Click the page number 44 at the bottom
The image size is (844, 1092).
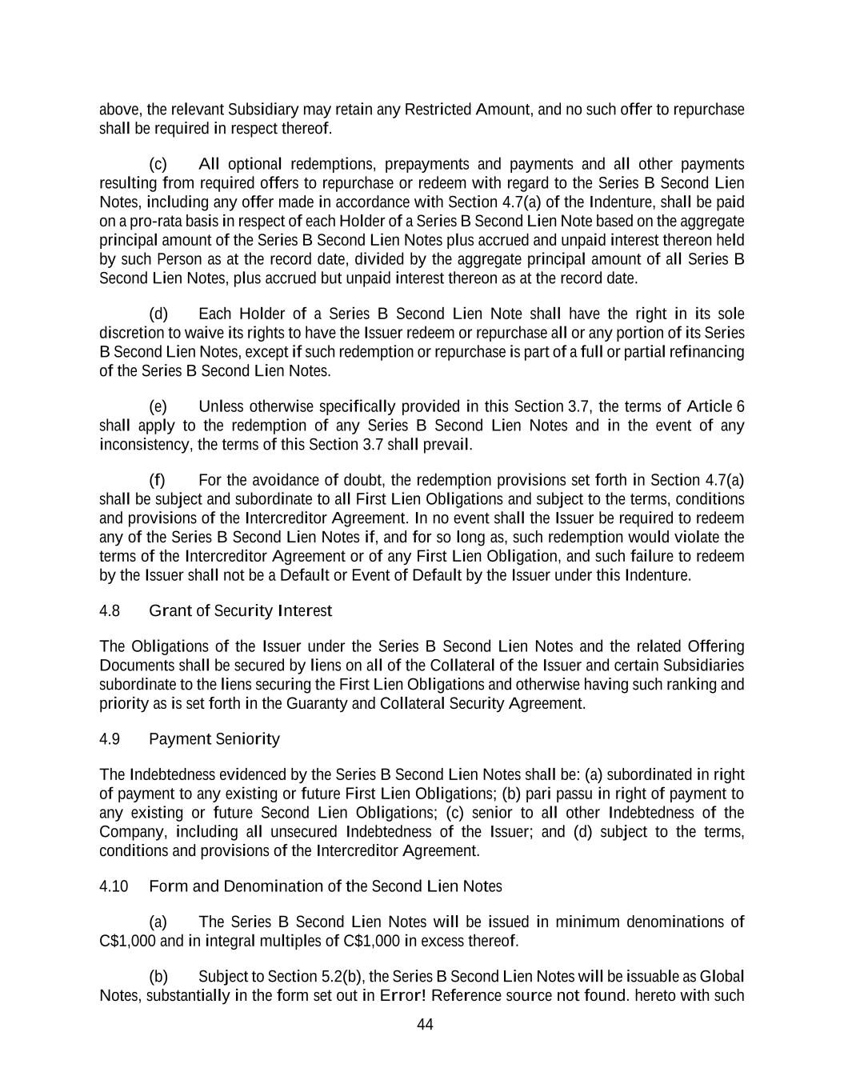click(425, 1025)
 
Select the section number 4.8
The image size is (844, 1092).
click(110, 611)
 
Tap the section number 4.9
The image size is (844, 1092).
click(110, 739)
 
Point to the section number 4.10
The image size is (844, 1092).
click(114, 886)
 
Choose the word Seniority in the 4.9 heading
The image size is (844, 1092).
click(248, 739)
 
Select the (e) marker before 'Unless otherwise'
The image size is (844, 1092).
click(158, 406)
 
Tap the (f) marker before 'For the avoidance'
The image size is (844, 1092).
click(158, 480)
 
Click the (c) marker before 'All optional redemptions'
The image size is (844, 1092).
click(158, 164)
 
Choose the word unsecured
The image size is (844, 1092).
click(302, 832)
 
